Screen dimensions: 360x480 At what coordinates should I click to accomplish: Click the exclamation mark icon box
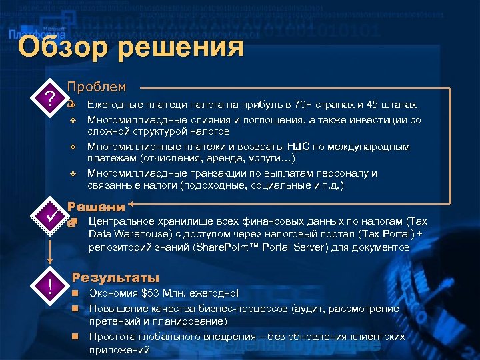49,286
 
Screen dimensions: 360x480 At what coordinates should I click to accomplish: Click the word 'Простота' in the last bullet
111,337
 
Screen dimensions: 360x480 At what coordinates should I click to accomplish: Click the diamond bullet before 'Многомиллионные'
75,147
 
